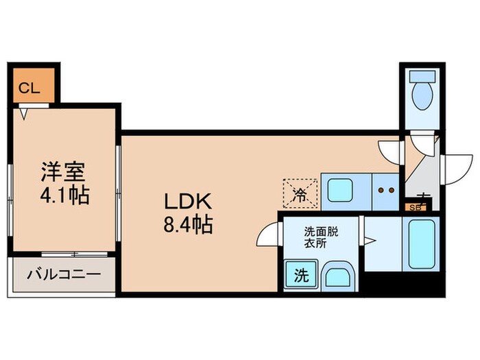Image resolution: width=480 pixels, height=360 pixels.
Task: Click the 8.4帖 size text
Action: (x=187, y=224)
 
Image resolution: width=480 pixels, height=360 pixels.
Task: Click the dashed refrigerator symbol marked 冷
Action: (x=300, y=191)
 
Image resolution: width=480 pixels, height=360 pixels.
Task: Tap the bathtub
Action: (x=422, y=243)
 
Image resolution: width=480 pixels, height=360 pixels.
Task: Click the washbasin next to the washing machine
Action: (x=337, y=276)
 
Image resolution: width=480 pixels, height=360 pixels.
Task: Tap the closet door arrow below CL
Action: (x=25, y=112)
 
